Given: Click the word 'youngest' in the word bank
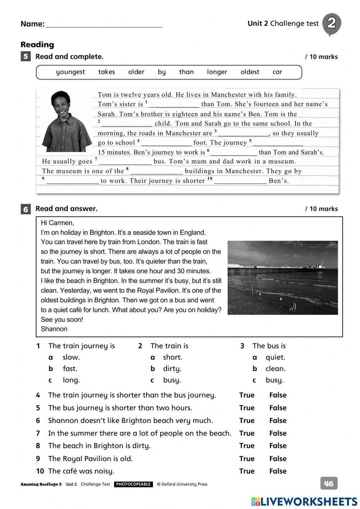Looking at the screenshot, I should (x=70, y=72).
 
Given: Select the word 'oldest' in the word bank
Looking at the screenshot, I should (x=250, y=72).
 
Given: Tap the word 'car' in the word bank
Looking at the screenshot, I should (x=277, y=72).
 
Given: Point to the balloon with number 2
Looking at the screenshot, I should (x=331, y=23).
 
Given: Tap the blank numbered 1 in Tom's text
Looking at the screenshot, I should (x=174, y=104).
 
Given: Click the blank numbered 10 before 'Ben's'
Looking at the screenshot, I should (x=240, y=181).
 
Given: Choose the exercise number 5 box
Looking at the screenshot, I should (x=26, y=57).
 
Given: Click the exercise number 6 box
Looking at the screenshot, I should (x=26, y=209).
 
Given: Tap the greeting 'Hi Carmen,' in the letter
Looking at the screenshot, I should (x=58, y=223).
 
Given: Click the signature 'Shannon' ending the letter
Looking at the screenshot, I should (x=54, y=329).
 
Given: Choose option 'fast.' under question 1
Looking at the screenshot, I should (x=70, y=369).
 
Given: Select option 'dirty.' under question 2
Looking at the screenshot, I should (x=172, y=369).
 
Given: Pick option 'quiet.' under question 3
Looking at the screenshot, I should (x=275, y=357).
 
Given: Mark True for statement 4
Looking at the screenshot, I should (x=247, y=395).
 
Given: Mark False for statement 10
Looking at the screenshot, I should (x=278, y=471).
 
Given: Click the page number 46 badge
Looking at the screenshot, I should (x=329, y=483).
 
